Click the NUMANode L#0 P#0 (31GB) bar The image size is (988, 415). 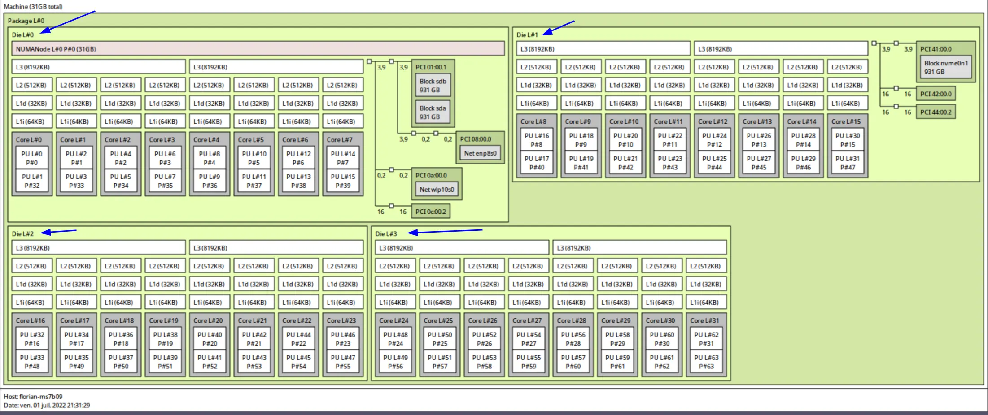click(x=258, y=49)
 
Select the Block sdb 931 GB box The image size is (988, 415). click(x=433, y=86)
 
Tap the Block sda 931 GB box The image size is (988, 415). click(x=433, y=112)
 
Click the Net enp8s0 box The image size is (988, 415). click(x=480, y=153)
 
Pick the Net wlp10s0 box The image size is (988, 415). click(x=437, y=190)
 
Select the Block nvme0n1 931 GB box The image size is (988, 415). click(x=946, y=67)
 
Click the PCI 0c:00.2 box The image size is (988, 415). click(x=431, y=212)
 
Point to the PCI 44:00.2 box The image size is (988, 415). click(x=936, y=112)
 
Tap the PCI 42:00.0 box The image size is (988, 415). click(x=936, y=94)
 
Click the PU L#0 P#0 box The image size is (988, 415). click(x=32, y=158)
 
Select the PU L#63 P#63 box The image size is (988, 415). click(x=706, y=362)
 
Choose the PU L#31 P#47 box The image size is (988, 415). click(x=848, y=163)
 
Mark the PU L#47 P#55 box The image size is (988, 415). click(x=343, y=362)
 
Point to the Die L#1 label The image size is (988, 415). click(x=527, y=35)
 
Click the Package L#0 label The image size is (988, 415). click(x=26, y=21)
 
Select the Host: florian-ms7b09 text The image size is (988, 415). click(x=33, y=397)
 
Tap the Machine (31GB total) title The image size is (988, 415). click(x=33, y=7)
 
